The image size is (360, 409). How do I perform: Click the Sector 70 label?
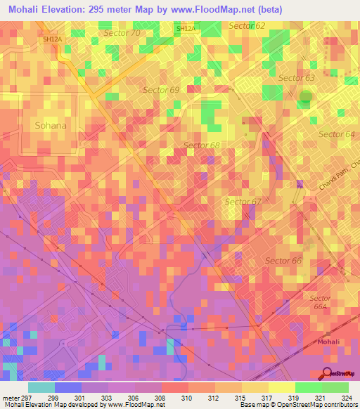click(x=127, y=33)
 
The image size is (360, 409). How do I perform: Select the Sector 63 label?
click(x=297, y=78)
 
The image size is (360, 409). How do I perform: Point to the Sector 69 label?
click(x=161, y=90)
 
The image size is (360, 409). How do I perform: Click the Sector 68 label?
click(x=202, y=145)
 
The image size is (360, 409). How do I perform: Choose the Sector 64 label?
click(x=337, y=134)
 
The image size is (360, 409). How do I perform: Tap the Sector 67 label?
click(x=243, y=202)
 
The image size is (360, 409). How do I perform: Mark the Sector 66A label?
click(x=320, y=302)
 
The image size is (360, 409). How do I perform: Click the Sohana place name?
click(x=51, y=126)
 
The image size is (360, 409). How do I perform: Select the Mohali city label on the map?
click(x=329, y=342)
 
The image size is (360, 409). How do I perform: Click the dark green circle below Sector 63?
click(x=305, y=98)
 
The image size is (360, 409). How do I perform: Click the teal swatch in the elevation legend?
click(x=41, y=387)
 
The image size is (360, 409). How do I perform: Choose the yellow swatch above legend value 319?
click(x=281, y=387)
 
